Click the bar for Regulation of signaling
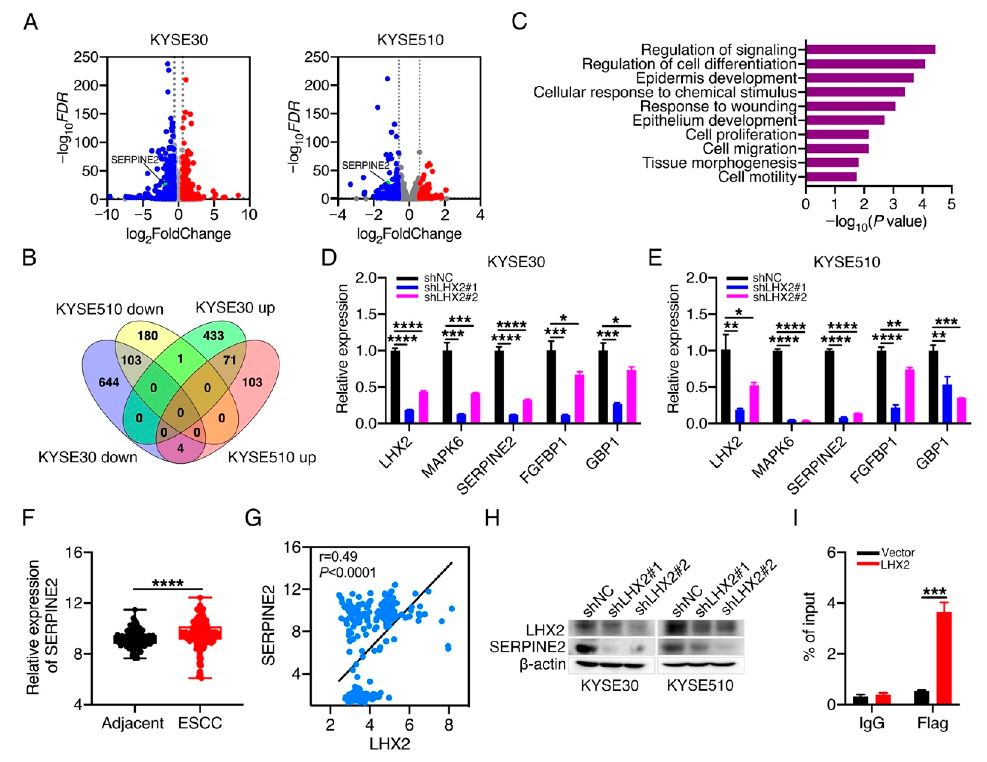point(870,50)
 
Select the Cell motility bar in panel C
point(831,177)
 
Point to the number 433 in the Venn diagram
point(213,335)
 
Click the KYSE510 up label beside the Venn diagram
point(271,457)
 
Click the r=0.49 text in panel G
point(338,556)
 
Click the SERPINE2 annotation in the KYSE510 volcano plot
point(365,165)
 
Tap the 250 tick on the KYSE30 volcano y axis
point(86,57)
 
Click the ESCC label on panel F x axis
point(200,723)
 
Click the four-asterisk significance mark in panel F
point(168,583)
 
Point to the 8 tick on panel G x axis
point(448,725)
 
